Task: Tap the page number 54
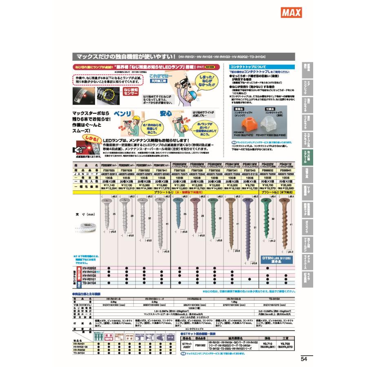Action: pos(304,359)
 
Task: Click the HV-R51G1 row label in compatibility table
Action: pos(89,279)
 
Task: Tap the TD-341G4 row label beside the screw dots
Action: pos(89,283)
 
